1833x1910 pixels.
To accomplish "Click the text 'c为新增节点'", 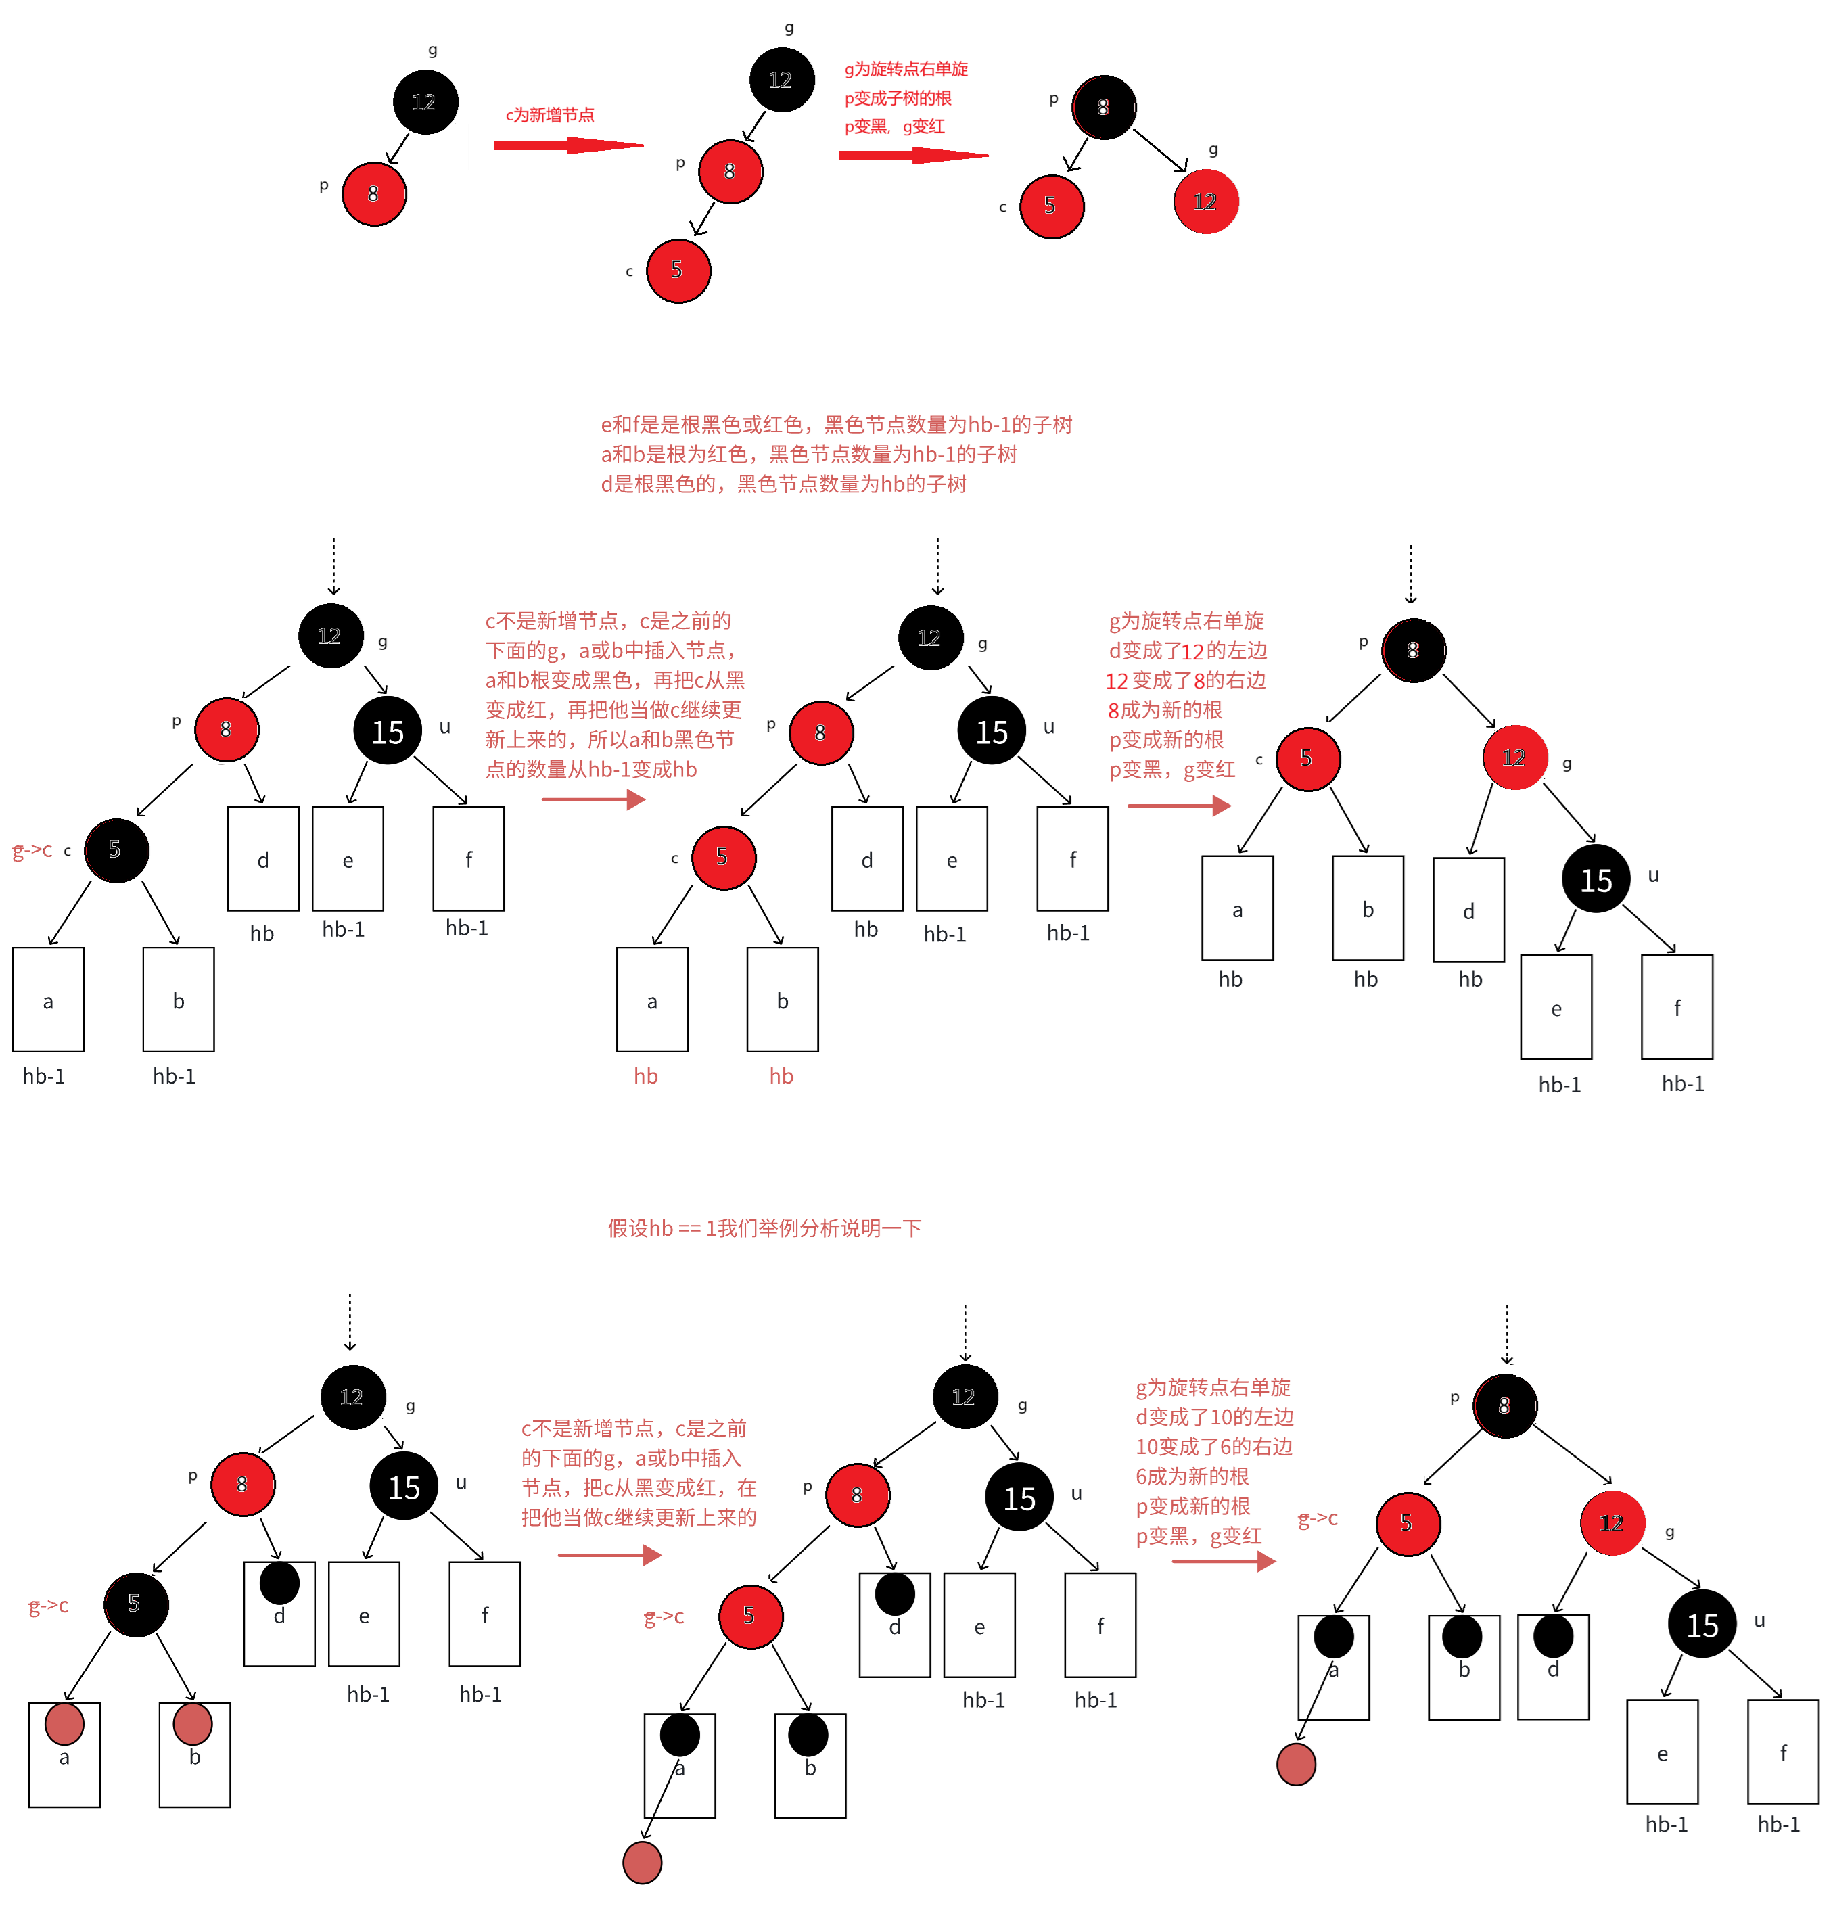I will [550, 115].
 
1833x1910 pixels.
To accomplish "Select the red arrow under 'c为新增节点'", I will [568, 145].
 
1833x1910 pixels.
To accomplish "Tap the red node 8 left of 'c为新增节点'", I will [373, 194].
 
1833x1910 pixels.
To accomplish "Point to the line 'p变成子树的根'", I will [898, 97].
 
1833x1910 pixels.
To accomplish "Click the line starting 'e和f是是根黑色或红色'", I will [836, 424].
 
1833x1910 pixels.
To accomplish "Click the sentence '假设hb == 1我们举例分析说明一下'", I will [764, 1228].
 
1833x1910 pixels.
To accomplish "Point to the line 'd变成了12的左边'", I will [1188, 651].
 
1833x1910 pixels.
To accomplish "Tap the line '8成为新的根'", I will [1165, 710].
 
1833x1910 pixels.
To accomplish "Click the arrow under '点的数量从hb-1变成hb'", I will [593, 800].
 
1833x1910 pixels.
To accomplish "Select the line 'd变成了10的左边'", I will [1214, 1417].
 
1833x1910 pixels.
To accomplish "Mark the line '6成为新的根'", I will [1192, 1476].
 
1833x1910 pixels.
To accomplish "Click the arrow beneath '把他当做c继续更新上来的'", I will [609, 1554].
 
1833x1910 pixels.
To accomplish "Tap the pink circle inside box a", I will [64, 1724].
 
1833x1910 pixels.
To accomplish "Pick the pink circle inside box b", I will [193, 1724].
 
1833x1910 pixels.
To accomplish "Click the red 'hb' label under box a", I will [646, 1076].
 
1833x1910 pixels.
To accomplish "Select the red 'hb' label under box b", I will [781, 1076].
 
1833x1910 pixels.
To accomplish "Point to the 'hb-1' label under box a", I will [44, 1076].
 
